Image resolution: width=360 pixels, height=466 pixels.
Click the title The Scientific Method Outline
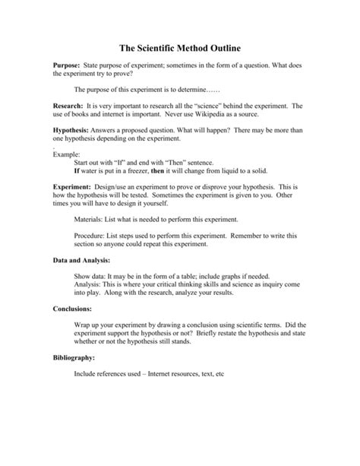pyautogui.click(x=179, y=45)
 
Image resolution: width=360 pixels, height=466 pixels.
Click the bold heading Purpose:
pyautogui.click(x=67, y=66)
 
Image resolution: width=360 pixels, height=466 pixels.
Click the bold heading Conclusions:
pyautogui.click(x=75, y=309)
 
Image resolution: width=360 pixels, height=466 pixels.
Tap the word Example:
pyautogui.click(x=66, y=154)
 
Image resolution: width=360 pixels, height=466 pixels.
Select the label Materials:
pyautogui.click(x=91, y=218)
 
